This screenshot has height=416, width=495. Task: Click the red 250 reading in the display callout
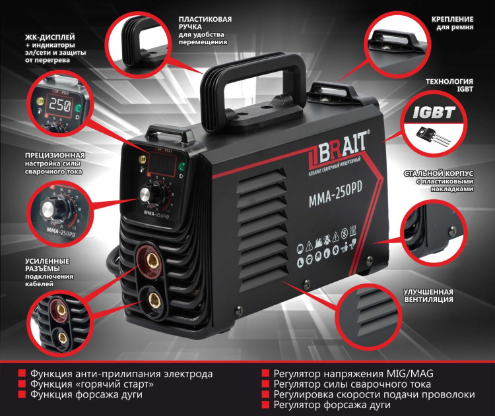[59, 107]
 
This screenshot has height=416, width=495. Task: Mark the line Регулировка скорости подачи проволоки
[374, 394]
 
